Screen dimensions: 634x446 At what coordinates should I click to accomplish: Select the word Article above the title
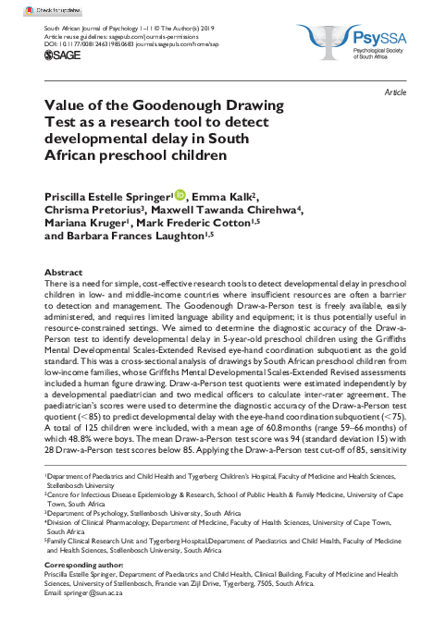(396, 94)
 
